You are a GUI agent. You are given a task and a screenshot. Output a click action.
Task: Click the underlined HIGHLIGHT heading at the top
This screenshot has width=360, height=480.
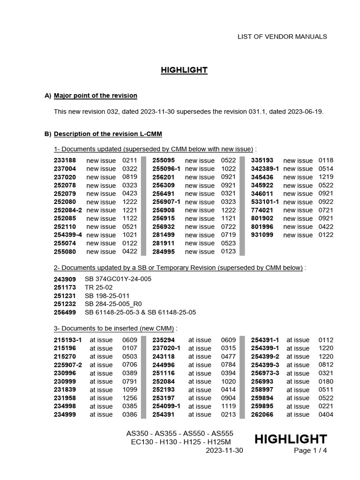tap(184, 70)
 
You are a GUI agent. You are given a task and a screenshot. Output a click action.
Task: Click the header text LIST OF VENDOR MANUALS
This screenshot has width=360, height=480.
tap(282, 37)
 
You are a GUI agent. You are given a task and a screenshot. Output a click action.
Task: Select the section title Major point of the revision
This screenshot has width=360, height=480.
tap(96, 96)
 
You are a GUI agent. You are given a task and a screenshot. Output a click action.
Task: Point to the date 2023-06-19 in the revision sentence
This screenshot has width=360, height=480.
tap(305, 112)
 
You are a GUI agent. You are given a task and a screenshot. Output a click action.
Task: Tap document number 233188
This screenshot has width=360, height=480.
tap(65, 160)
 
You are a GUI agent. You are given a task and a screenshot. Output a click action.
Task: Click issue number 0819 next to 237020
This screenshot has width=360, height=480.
tap(129, 177)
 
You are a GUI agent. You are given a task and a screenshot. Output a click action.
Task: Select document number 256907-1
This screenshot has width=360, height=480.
tap(166, 202)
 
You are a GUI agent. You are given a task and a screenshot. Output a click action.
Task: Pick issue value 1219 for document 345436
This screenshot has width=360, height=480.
tap(326, 177)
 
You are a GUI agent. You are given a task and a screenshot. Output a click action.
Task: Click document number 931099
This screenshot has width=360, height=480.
tap(262, 235)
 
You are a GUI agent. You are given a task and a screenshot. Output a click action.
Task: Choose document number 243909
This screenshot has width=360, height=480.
tap(65, 279)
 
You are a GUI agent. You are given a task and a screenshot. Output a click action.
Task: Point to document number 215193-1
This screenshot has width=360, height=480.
tap(68, 340)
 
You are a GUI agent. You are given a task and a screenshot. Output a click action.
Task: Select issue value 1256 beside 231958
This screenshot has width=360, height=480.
tap(130, 398)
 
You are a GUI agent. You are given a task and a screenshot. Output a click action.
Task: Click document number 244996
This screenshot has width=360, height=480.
tap(164, 365)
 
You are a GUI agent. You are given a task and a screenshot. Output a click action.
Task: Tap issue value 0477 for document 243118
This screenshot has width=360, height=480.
tap(228, 357)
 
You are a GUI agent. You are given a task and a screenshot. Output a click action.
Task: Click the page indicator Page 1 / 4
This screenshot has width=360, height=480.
tap(310, 451)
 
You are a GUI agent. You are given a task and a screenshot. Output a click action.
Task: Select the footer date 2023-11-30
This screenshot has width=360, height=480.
tap(225, 451)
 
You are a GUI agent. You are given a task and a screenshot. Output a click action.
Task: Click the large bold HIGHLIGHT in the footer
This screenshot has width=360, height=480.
tap(290, 439)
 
